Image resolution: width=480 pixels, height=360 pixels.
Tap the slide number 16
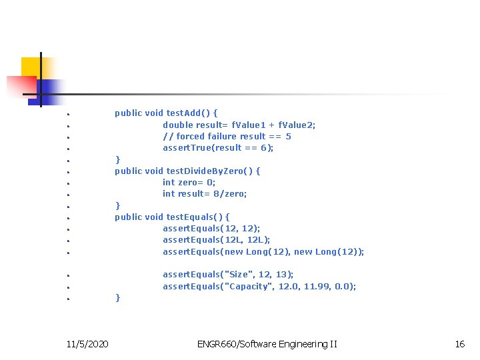[459, 344]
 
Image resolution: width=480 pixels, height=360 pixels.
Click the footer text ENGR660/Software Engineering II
[267, 344]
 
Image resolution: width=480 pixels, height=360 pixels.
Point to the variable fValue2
[297, 125]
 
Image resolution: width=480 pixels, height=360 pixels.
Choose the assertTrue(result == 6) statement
[218, 147]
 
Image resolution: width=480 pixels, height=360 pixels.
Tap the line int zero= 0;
[189, 182]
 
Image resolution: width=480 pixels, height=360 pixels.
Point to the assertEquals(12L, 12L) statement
[216, 239]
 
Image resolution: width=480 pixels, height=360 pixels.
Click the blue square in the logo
[51, 89]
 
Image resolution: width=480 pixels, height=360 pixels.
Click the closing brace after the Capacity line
[118, 298]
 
